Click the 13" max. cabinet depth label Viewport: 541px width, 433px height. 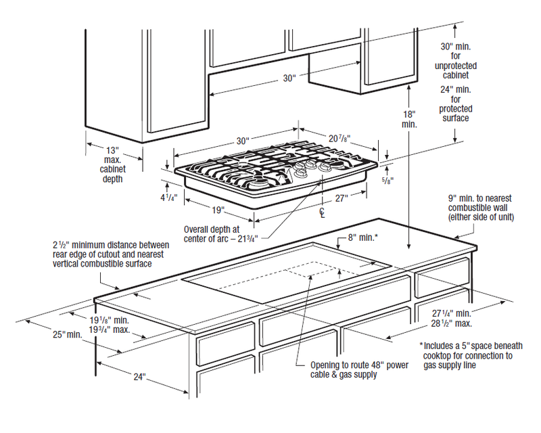point(112,164)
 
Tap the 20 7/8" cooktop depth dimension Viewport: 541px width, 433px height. point(339,139)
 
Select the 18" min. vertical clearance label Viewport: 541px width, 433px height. point(409,119)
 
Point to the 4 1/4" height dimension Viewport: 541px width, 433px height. point(168,198)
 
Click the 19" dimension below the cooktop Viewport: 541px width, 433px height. point(218,210)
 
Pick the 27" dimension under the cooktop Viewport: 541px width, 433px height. point(342,198)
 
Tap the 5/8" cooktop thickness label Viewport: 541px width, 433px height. point(387,180)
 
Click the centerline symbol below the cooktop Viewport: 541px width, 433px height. point(323,212)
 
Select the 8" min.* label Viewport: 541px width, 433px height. point(363,237)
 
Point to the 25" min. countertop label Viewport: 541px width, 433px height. point(68,334)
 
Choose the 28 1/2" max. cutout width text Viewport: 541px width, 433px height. point(452,323)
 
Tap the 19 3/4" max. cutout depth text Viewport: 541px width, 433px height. point(110,329)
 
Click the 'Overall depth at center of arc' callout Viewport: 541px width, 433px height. point(221,234)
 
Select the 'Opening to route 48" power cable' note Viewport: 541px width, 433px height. point(359,370)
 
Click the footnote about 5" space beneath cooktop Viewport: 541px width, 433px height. point(471,355)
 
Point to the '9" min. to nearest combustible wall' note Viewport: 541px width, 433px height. point(481,208)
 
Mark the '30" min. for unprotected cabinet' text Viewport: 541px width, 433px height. point(455,61)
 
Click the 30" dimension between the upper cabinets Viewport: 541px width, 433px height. point(289,78)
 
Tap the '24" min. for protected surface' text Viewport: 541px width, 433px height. point(455,104)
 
